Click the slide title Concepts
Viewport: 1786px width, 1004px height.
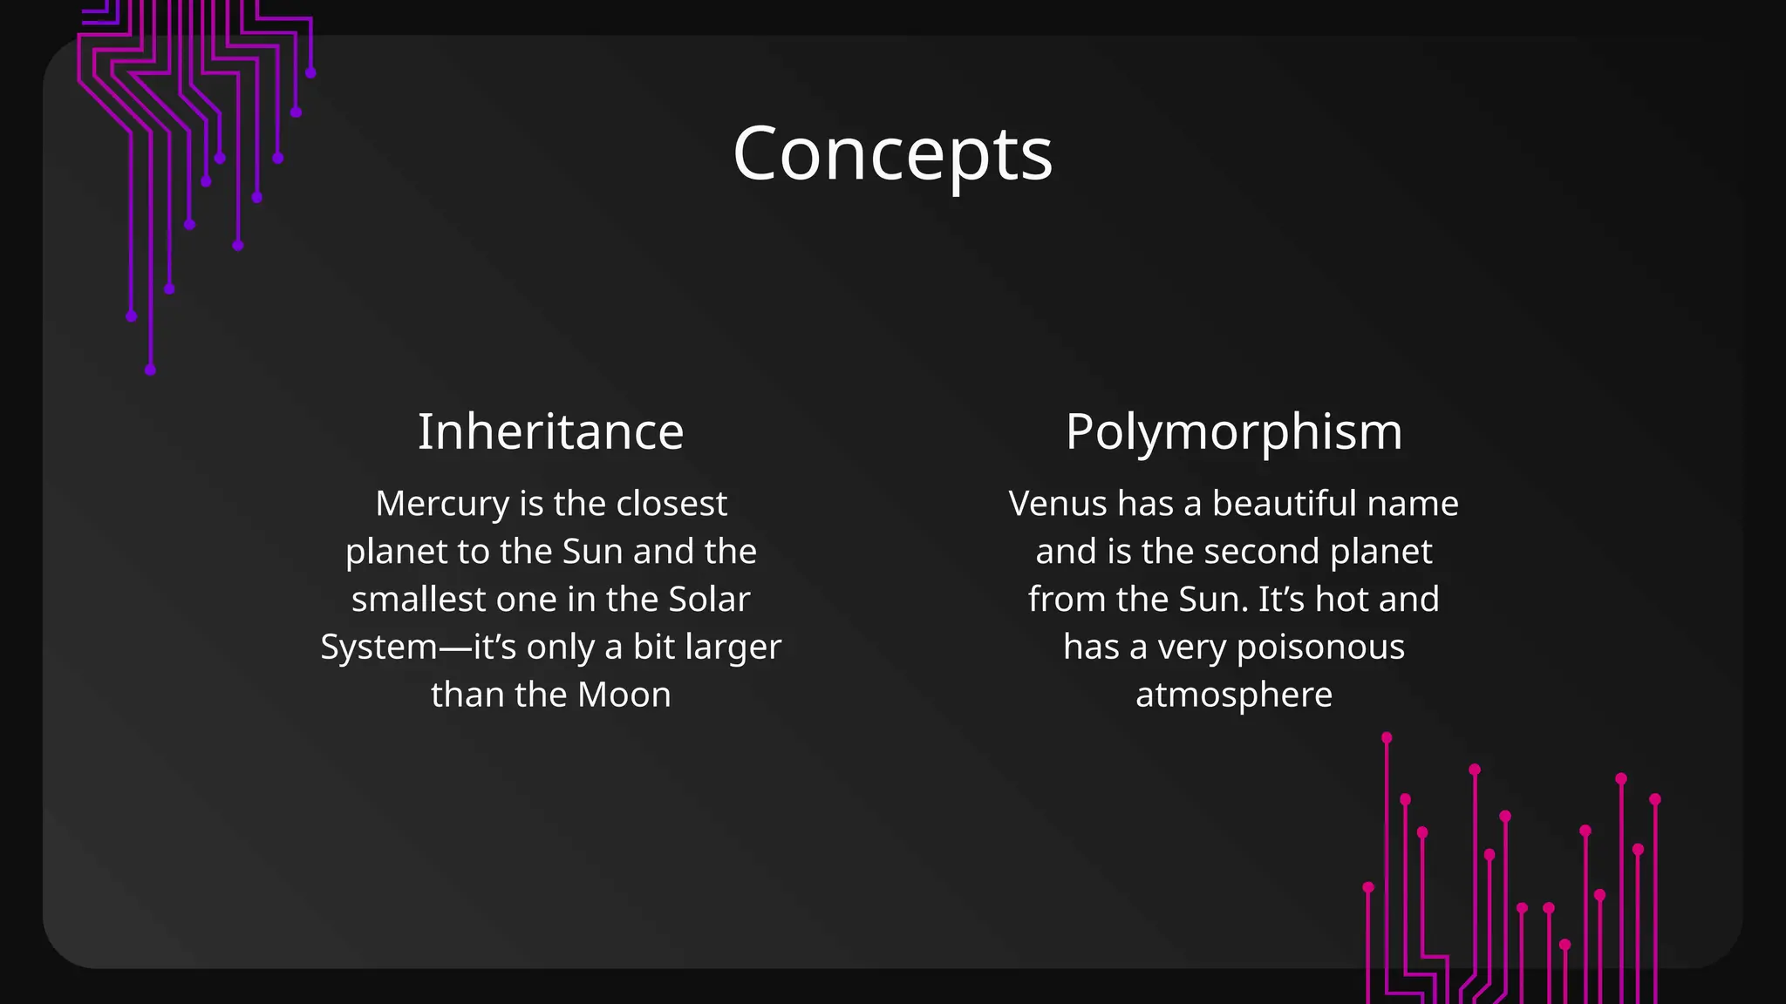[x=892, y=153]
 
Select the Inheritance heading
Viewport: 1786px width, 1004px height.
[x=550, y=431]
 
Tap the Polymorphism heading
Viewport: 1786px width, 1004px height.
[x=1233, y=431]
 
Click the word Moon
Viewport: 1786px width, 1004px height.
[x=624, y=695]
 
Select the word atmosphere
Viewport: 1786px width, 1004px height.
[x=1233, y=695]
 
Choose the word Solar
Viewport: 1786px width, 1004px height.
[x=709, y=600]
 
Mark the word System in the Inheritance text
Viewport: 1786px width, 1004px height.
[x=378, y=648]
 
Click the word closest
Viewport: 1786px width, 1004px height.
[x=671, y=504]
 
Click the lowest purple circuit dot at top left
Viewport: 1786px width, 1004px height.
[x=150, y=370]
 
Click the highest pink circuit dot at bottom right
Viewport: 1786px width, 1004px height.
[x=1387, y=738]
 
